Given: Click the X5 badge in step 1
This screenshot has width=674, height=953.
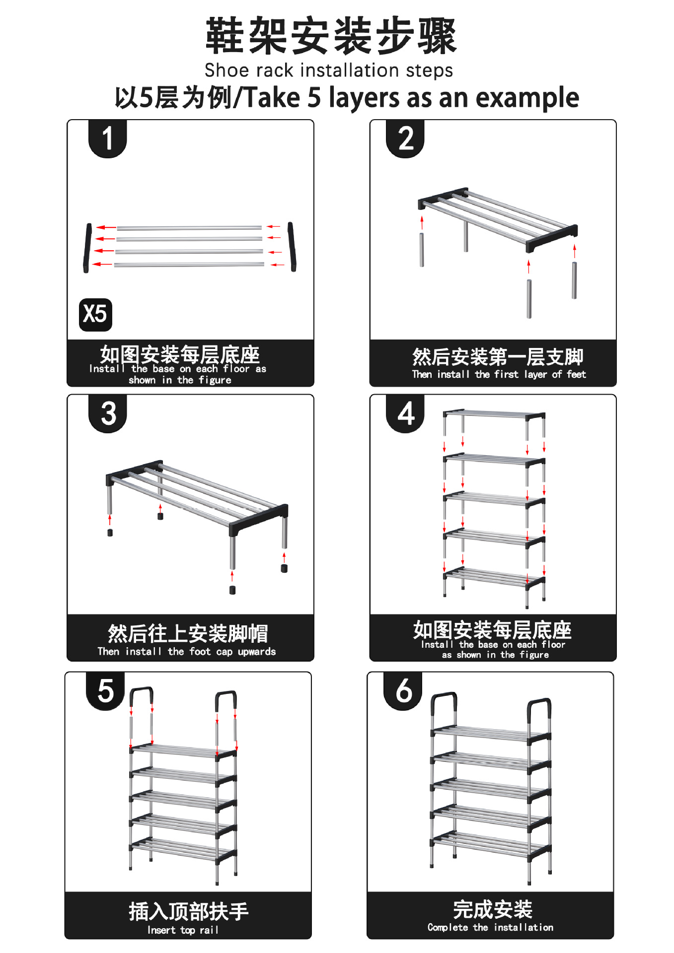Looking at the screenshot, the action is [x=95, y=314].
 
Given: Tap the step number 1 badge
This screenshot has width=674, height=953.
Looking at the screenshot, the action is [x=108, y=138].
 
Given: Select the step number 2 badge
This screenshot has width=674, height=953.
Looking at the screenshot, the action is [x=405, y=138].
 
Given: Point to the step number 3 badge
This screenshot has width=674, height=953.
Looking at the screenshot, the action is [x=108, y=413].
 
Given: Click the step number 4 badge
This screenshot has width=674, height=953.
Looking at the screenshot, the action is [x=405, y=413].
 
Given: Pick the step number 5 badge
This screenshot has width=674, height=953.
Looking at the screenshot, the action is [x=105, y=691].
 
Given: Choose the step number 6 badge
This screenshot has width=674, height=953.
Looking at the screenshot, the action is [x=403, y=691].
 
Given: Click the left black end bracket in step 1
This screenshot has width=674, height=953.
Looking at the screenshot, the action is [x=88, y=248].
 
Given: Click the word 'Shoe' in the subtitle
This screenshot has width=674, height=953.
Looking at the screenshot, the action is [x=223, y=70].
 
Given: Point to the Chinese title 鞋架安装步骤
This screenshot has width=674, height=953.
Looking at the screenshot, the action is [x=331, y=36].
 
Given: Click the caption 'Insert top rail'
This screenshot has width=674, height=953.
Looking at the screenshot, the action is [x=183, y=930].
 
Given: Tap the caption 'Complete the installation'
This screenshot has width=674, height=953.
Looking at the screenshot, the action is [x=490, y=927].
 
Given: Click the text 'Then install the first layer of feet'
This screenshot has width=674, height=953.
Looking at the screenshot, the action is [x=499, y=374].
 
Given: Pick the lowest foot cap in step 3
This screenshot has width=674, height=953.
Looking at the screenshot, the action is [x=232, y=590].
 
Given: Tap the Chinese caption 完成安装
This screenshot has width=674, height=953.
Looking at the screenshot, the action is [x=493, y=909].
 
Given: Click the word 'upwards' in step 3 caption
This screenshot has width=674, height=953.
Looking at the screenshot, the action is [x=257, y=652].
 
